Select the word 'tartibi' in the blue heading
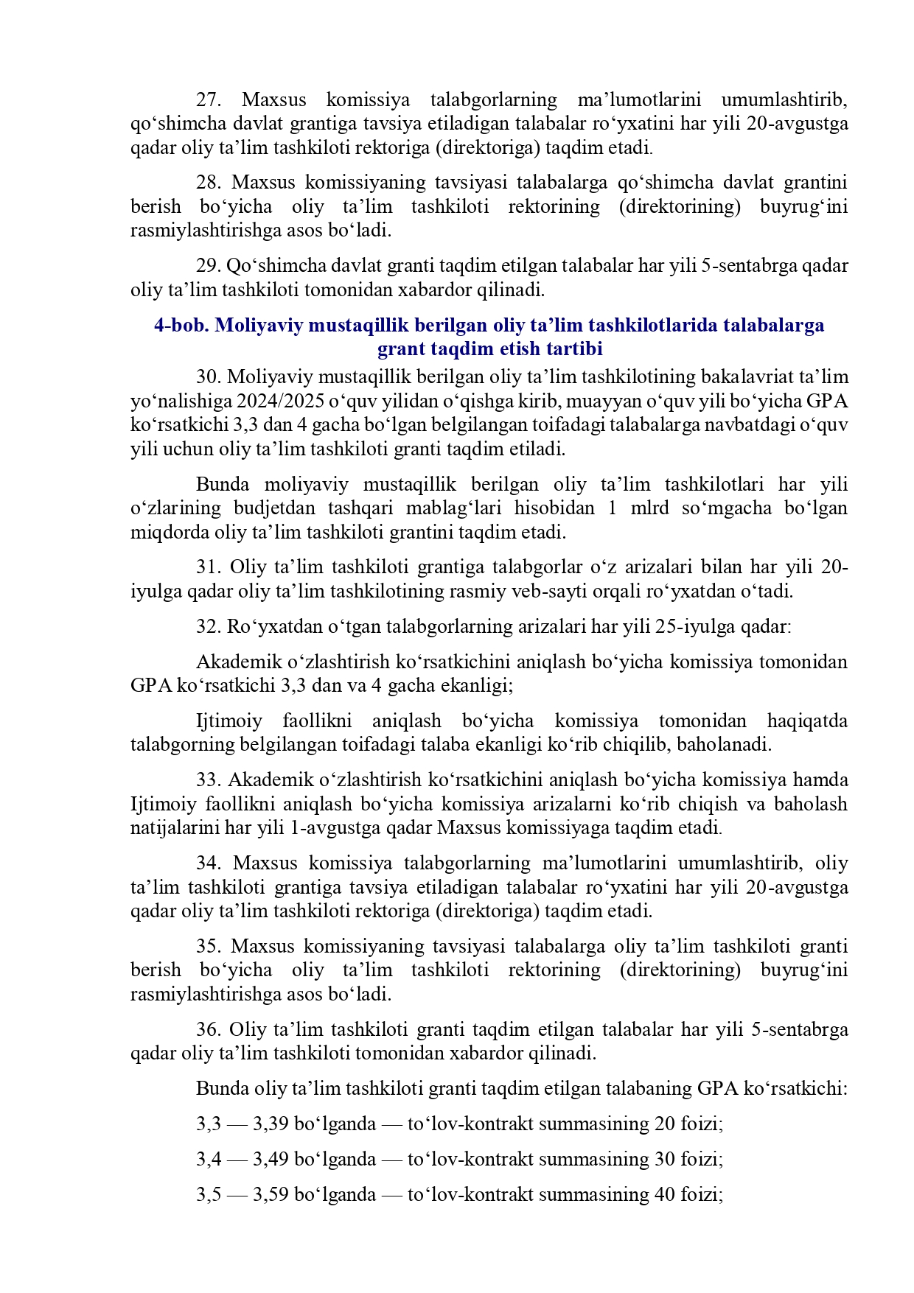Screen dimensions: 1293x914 point(575,348)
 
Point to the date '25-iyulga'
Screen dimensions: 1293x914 point(692,627)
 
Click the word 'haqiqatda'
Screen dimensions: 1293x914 point(806,721)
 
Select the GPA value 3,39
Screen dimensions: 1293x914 point(269,1124)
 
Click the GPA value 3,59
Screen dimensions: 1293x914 point(269,1195)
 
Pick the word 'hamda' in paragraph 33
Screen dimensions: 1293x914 point(823,780)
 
